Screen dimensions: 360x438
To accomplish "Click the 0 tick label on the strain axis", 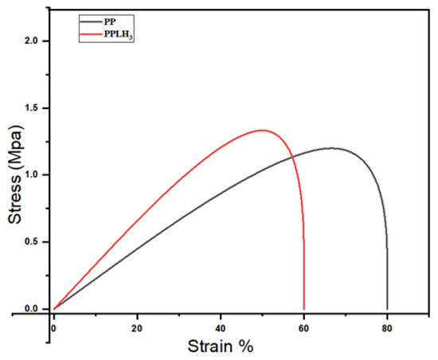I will (x=53, y=325).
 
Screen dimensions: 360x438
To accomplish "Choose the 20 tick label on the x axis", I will (x=137, y=325).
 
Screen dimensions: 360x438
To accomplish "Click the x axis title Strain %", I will (x=221, y=346).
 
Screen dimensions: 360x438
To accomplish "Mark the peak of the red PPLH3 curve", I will (x=262, y=130).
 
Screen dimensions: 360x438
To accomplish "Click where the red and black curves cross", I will (x=292, y=156).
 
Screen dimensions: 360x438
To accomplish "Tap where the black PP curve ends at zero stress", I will (x=388, y=308).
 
